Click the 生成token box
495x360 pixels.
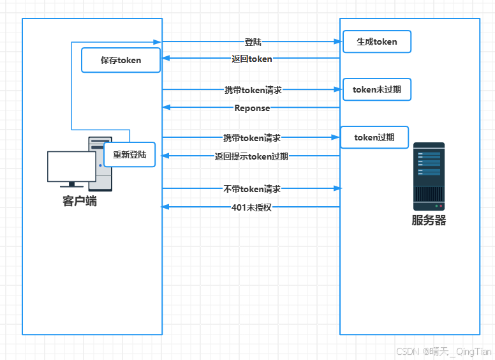point(376,41)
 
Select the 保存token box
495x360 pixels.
point(121,60)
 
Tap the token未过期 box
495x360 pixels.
point(376,89)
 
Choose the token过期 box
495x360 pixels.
point(374,137)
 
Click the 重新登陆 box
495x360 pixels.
point(129,154)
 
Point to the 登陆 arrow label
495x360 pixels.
point(253,42)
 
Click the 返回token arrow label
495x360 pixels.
point(251,59)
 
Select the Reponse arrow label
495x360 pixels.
point(252,108)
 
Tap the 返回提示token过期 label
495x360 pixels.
point(251,156)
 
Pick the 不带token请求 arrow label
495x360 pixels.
point(252,189)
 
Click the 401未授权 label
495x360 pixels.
point(251,207)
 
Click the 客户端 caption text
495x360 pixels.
point(80,201)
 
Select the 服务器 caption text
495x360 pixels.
point(428,221)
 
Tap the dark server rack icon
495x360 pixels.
point(428,176)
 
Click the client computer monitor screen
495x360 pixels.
point(71,167)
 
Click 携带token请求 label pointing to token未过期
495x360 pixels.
point(253,90)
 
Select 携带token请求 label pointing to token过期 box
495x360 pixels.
point(251,137)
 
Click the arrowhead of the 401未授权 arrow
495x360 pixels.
point(165,207)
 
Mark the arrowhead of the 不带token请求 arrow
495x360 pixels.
point(339,188)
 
